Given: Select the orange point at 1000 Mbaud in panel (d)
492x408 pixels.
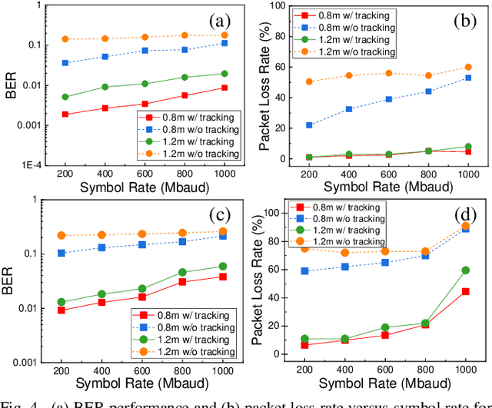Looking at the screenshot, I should [x=465, y=226].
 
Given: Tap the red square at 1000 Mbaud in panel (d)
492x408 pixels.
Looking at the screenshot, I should [x=465, y=292].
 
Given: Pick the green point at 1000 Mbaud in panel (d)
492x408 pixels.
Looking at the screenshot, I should [x=465, y=270].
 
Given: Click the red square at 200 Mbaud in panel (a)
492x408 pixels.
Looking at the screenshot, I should [x=65, y=114].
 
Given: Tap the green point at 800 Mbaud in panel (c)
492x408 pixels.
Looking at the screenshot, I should [x=183, y=272].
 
